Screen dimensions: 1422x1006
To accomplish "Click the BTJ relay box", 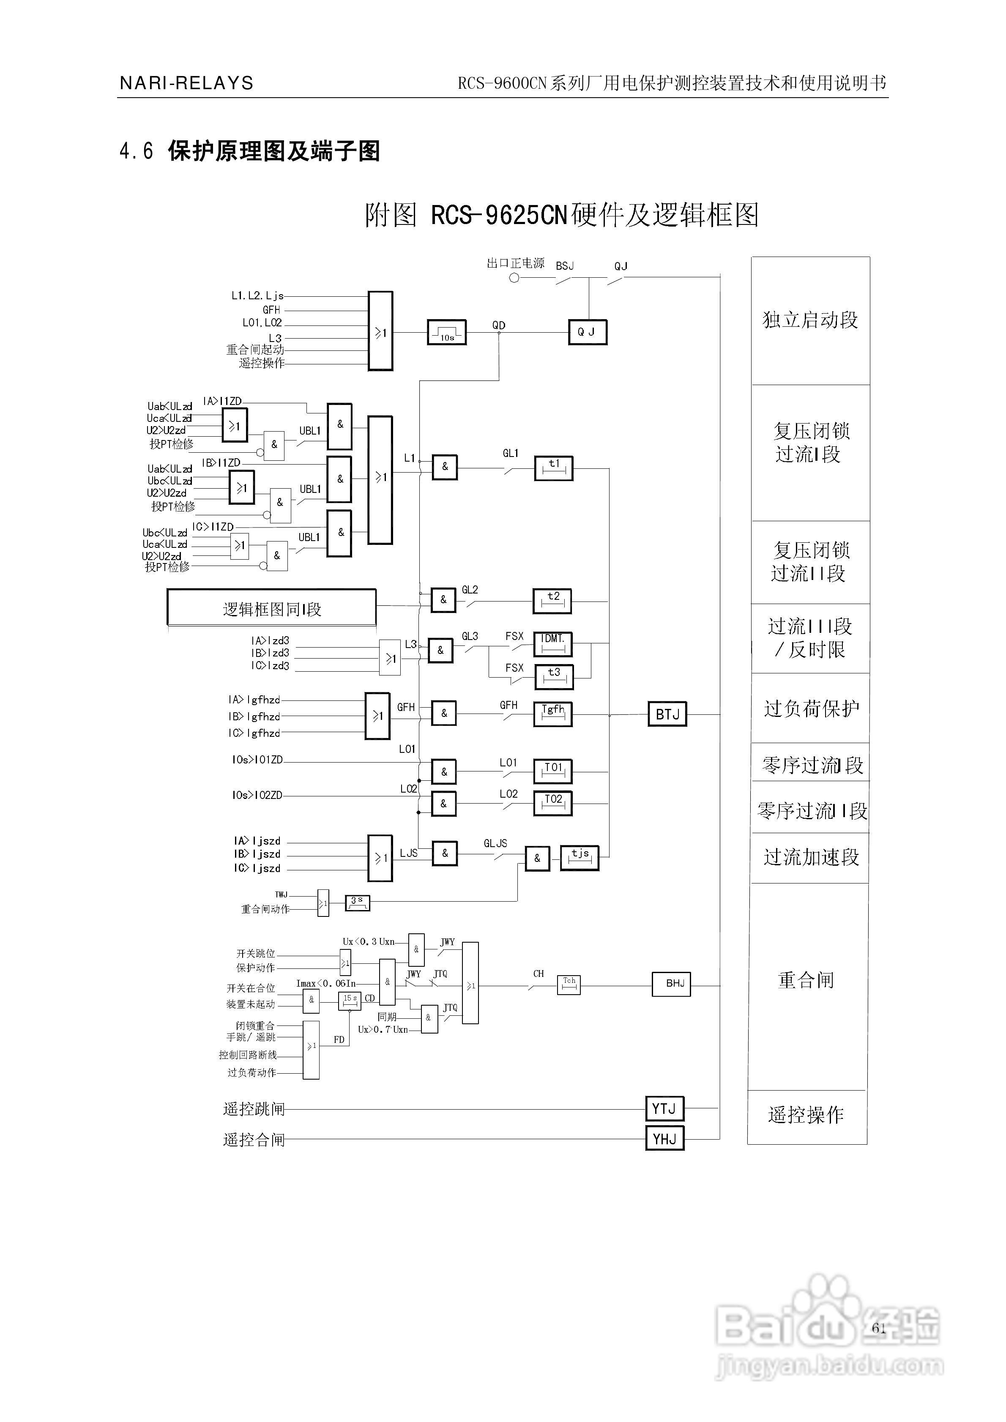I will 667,714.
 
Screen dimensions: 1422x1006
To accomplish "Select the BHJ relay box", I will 671,983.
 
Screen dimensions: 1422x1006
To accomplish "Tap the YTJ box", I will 664,1109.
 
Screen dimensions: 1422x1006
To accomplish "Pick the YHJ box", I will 664,1138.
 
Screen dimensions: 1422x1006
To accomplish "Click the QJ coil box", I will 587,332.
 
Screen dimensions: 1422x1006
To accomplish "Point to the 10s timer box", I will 446,333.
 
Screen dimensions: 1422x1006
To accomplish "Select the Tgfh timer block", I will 552,714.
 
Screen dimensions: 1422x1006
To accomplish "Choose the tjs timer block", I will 579,858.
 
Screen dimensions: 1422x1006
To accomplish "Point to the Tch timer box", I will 569,984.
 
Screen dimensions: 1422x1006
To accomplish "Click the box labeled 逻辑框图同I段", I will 271,609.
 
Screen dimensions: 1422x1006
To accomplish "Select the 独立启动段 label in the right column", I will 810,320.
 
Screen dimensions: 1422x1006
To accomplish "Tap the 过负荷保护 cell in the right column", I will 811,708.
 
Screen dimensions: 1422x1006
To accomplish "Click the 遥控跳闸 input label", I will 253,1109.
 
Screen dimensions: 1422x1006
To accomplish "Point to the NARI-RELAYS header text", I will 186,83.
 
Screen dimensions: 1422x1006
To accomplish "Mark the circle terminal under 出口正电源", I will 514,278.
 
